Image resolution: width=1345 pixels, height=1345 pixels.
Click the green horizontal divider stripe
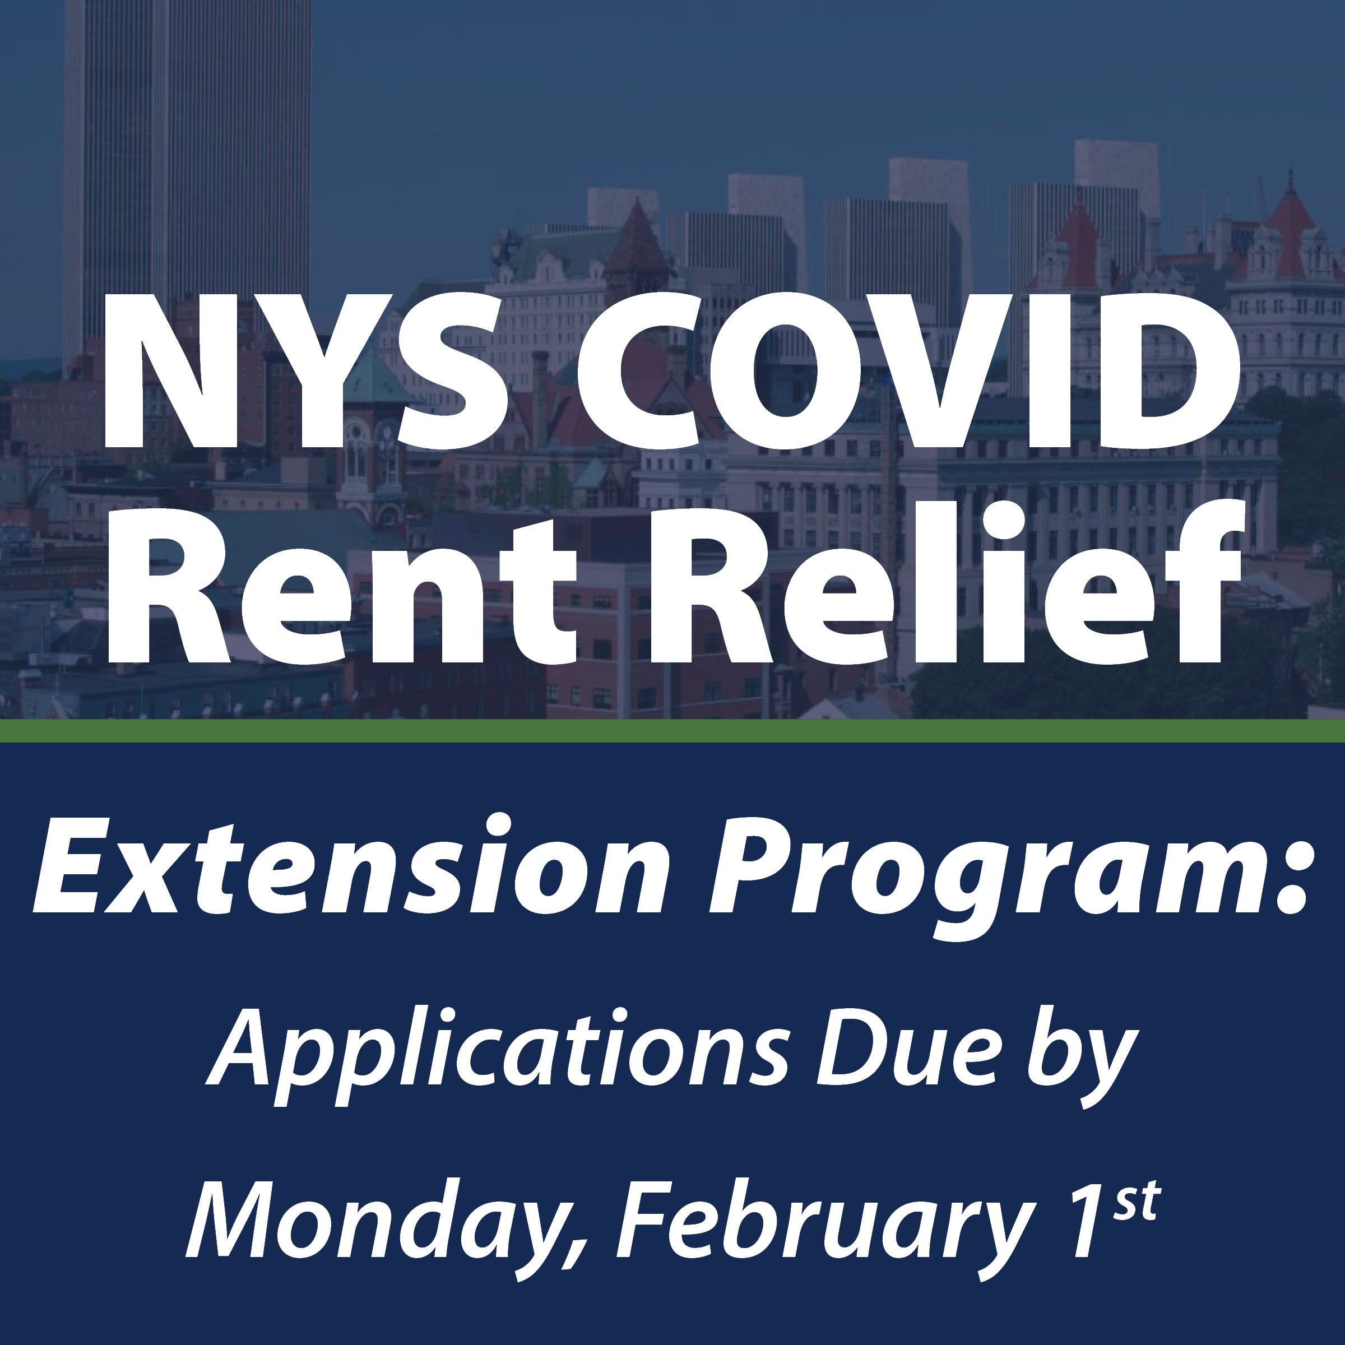click(x=672, y=731)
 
